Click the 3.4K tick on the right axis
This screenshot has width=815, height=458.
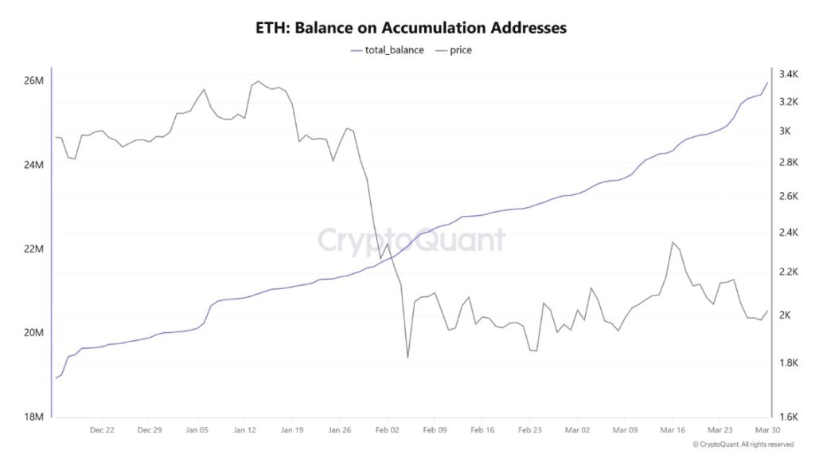(x=788, y=75)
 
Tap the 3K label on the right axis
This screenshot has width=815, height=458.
(x=785, y=131)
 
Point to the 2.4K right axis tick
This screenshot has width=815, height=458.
(x=788, y=233)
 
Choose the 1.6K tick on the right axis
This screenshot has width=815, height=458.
(x=788, y=416)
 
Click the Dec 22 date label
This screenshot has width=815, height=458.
(x=102, y=429)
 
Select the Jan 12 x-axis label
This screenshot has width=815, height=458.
(x=244, y=429)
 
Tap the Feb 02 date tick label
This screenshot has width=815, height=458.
(x=387, y=429)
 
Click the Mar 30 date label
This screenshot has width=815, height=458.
(x=765, y=429)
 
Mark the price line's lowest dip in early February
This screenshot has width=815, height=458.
(x=407, y=357)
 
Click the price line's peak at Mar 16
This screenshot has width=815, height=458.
(x=673, y=242)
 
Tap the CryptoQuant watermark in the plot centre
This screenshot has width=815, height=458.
(x=411, y=240)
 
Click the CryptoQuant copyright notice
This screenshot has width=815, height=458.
(x=743, y=444)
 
